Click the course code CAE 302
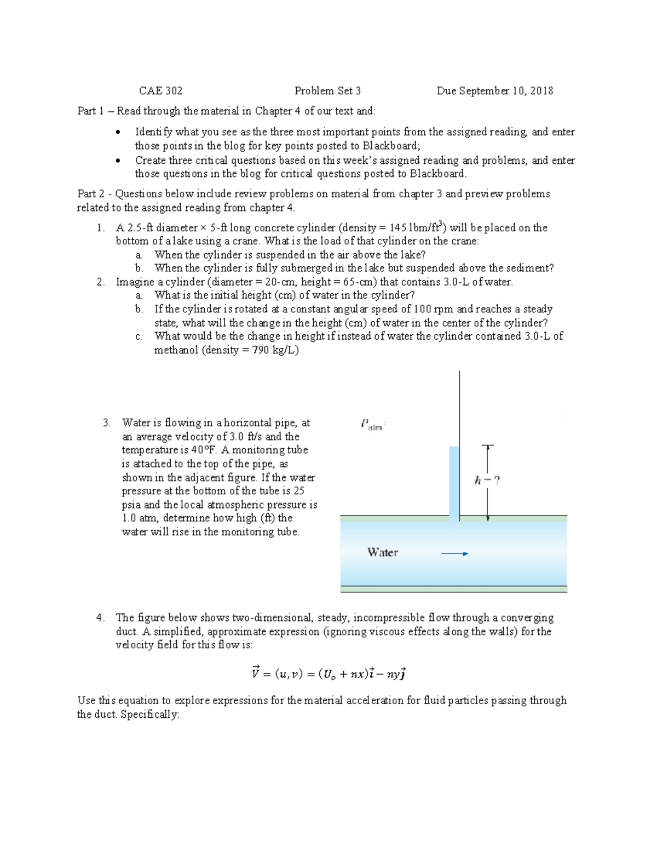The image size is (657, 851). point(160,91)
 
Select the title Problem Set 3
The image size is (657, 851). point(327,91)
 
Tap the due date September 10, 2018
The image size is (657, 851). point(495,91)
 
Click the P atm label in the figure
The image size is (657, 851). point(372,425)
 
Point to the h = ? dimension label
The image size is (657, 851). point(487,481)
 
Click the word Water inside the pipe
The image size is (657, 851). point(383,552)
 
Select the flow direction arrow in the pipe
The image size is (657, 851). point(454,553)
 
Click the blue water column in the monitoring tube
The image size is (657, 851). point(454,482)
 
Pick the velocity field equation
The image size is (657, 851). point(328,673)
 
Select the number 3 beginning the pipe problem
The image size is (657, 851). point(106,422)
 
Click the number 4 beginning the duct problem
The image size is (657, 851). point(100,618)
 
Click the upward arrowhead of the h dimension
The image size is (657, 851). point(487,448)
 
